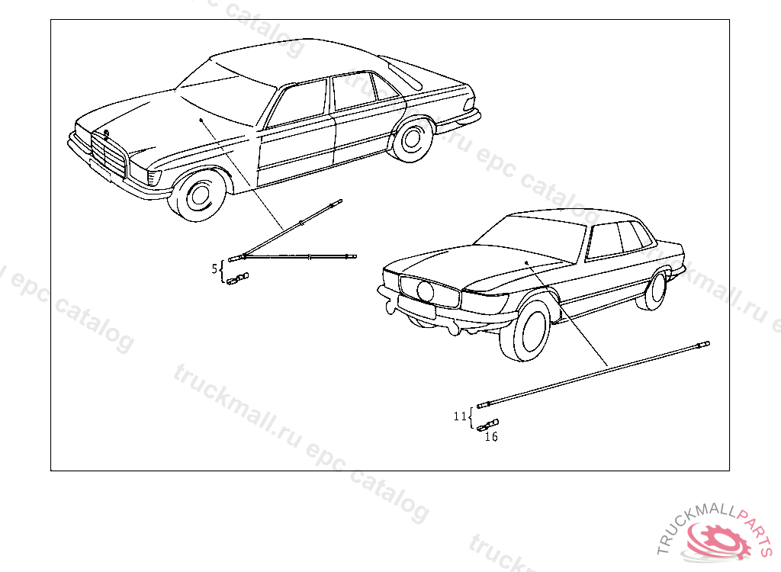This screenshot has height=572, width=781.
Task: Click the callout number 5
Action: point(214,268)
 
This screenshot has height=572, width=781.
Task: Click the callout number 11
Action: point(459,416)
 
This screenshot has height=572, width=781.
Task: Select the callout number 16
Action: point(491,437)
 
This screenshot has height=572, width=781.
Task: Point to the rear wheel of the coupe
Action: point(654,289)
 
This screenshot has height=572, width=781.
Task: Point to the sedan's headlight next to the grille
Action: point(155,178)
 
